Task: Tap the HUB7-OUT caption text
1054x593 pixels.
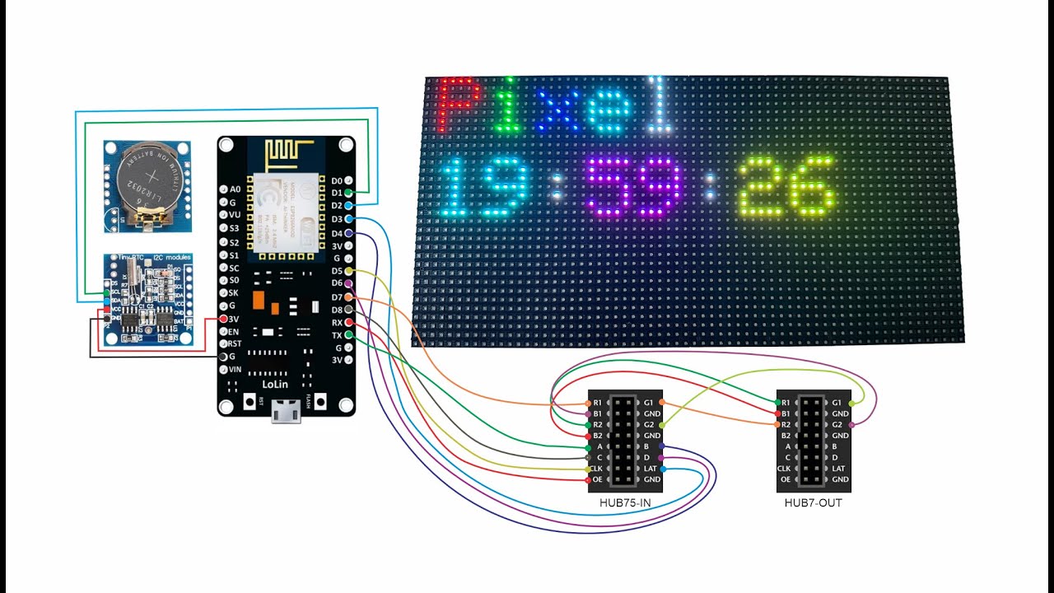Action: click(814, 502)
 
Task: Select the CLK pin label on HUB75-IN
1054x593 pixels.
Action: click(598, 469)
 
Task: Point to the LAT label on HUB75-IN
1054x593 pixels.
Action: click(651, 469)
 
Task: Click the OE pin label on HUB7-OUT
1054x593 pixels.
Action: click(786, 479)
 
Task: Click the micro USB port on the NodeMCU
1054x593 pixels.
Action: click(286, 409)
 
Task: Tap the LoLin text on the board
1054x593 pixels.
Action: click(275, 385)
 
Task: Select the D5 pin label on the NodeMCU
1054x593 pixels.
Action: click(337, 271)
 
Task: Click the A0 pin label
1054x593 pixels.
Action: click(236, 189)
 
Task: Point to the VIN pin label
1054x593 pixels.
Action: click(235, 369)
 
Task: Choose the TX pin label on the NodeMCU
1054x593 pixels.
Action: click(337, 335)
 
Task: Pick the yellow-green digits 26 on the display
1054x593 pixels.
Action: click(786, 188)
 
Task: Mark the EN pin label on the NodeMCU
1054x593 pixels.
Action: click(234, 331)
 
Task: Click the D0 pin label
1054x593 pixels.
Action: click(337, 180)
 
